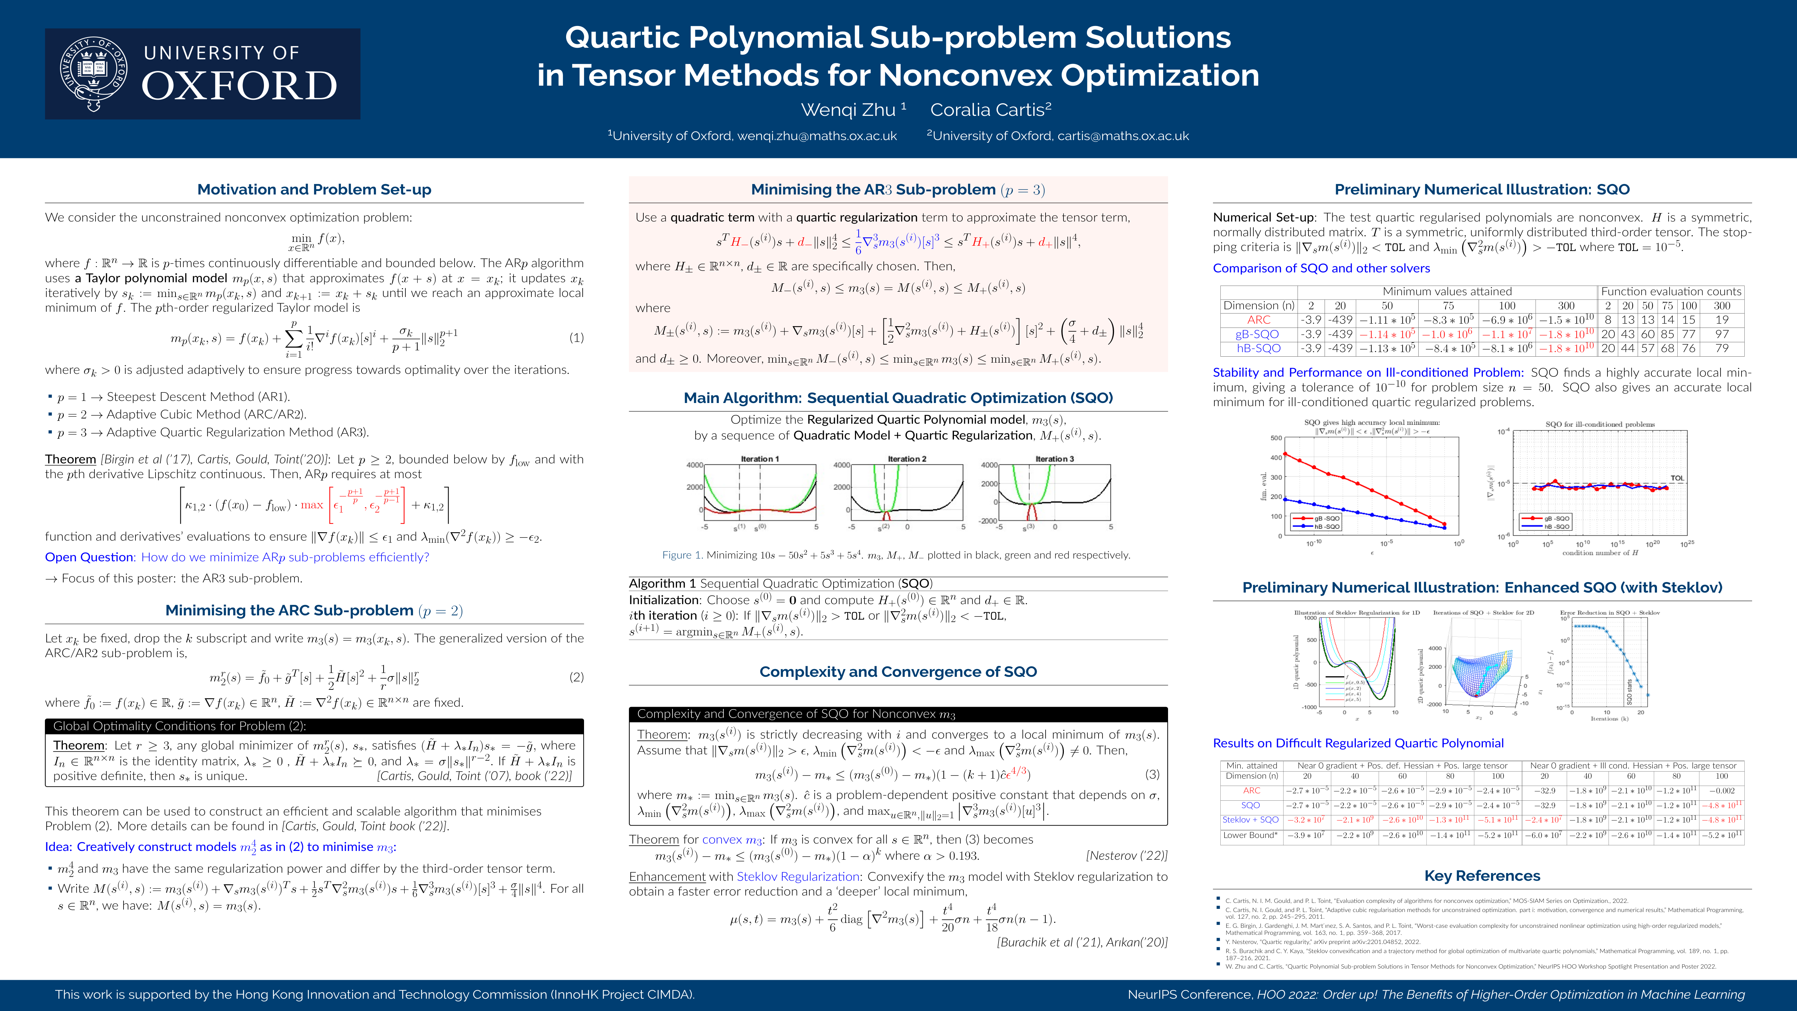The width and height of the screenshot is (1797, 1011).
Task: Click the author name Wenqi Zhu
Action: [848, 110]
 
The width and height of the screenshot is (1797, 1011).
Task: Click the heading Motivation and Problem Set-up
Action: [314, 190]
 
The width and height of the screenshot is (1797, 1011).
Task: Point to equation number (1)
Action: [576, 338]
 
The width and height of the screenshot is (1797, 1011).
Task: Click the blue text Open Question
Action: [89, 557]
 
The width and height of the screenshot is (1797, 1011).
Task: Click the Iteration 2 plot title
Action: [907, 459]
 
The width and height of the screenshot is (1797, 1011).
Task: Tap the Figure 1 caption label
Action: [682, 555]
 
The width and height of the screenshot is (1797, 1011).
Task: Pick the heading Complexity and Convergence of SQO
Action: [898, 672]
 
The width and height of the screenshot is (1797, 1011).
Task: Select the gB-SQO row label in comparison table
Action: [1257, 334]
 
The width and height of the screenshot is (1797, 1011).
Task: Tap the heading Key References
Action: [1482, 875]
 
